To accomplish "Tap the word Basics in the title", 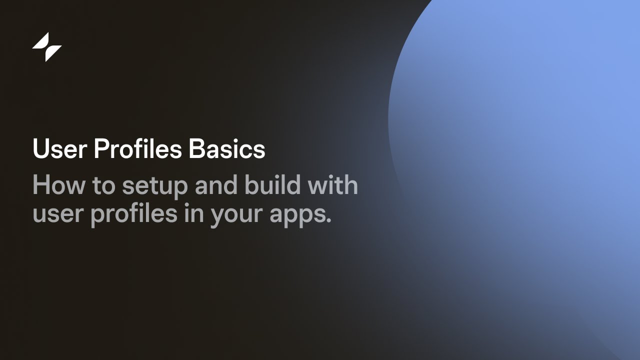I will tap(227, 149).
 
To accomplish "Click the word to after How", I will tap(102, 185).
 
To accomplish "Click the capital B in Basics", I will tap(195, 149).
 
